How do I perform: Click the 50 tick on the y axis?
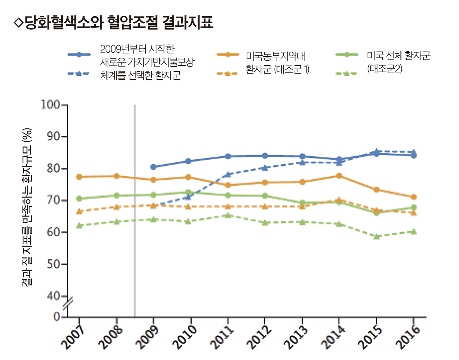pos(54,264)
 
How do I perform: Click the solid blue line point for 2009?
pos(153,167)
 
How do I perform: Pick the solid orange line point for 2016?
pos(413,197)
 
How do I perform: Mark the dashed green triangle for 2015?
pos(377,237)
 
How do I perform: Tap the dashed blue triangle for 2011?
pos(228,174)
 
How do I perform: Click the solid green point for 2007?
pos(79,199)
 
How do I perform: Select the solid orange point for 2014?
pos(339,176)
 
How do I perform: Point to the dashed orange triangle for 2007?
pos(79,212)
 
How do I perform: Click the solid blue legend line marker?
pos(79,55)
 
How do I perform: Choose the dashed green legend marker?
pos(346,74)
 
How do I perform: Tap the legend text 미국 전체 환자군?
pos(398,56)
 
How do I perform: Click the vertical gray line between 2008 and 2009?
pos(135,215)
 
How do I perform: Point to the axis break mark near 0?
pos(68,304)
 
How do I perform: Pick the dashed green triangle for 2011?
pos(228,215)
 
